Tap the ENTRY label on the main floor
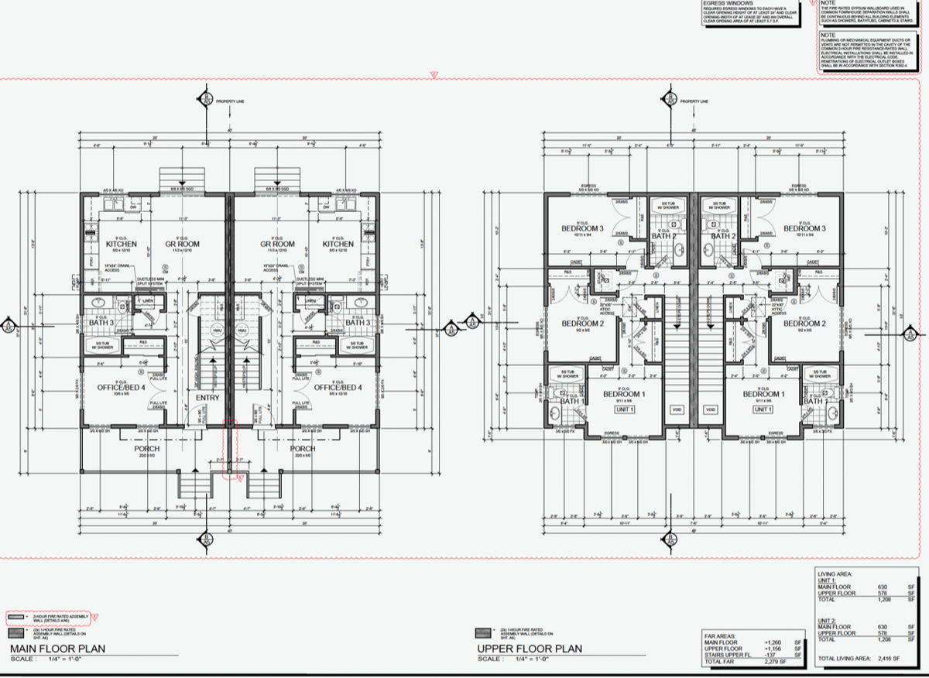point(207,398)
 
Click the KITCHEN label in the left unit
point(122,244)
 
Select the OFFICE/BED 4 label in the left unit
point(122,387)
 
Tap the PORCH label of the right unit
point(302,448)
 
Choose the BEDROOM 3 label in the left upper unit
point(582,229)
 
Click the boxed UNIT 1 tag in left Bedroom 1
point(625,409)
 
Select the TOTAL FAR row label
point(719,662)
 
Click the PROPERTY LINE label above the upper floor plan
point(694,101)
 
